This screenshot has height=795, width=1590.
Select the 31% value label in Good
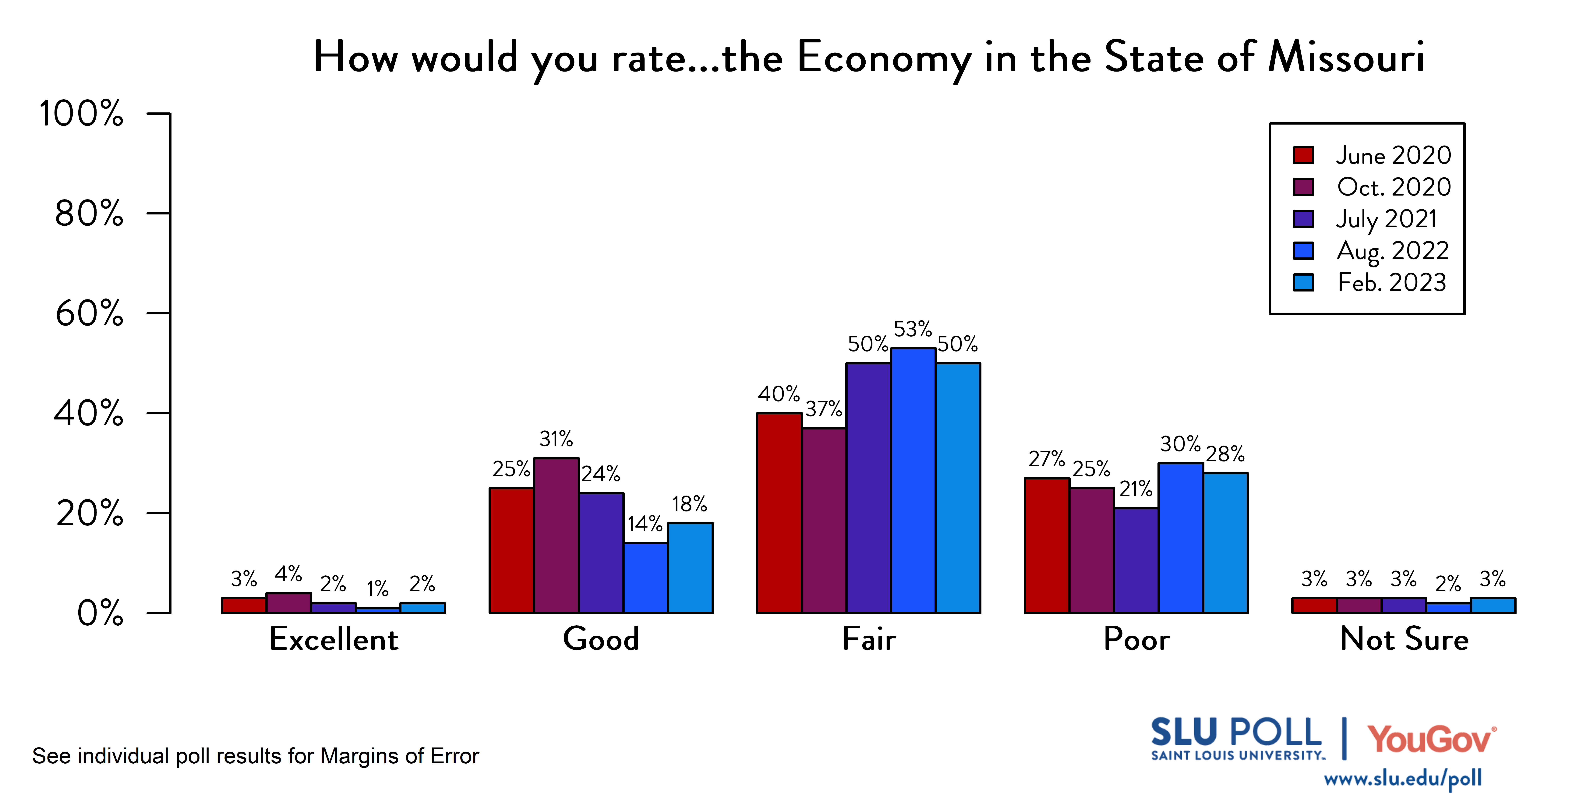pos(556,439)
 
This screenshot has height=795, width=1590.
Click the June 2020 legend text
pos(1393,155)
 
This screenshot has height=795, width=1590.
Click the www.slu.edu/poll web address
pos(1402,778)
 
